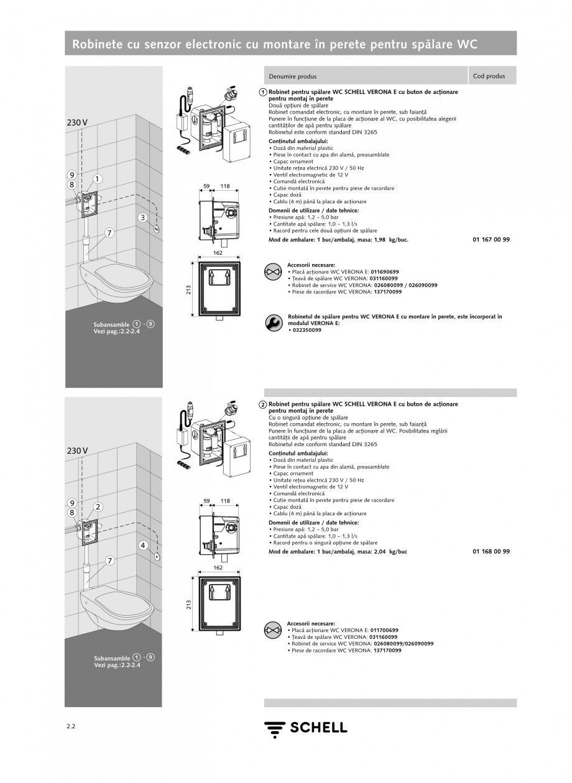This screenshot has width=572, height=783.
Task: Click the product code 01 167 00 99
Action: click(491, 239)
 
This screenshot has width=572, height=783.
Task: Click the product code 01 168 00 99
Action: click(491, 551)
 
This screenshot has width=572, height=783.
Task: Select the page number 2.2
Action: click(71, 726)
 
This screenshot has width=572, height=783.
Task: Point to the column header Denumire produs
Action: click(292, 76)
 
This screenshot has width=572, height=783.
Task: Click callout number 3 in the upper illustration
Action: click(142, 217)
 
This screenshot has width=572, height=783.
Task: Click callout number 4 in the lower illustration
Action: click(142, 545)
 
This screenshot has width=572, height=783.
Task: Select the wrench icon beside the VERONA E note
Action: click(272, 323)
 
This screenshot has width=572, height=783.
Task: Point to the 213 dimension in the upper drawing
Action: click(188, 290)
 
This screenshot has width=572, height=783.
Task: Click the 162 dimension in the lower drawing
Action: click(218, 568)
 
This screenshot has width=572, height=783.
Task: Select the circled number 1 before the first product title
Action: click(264, 92)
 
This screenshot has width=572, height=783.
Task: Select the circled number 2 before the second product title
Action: click(264, 405)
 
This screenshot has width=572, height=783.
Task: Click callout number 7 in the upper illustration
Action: click(109, 233)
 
